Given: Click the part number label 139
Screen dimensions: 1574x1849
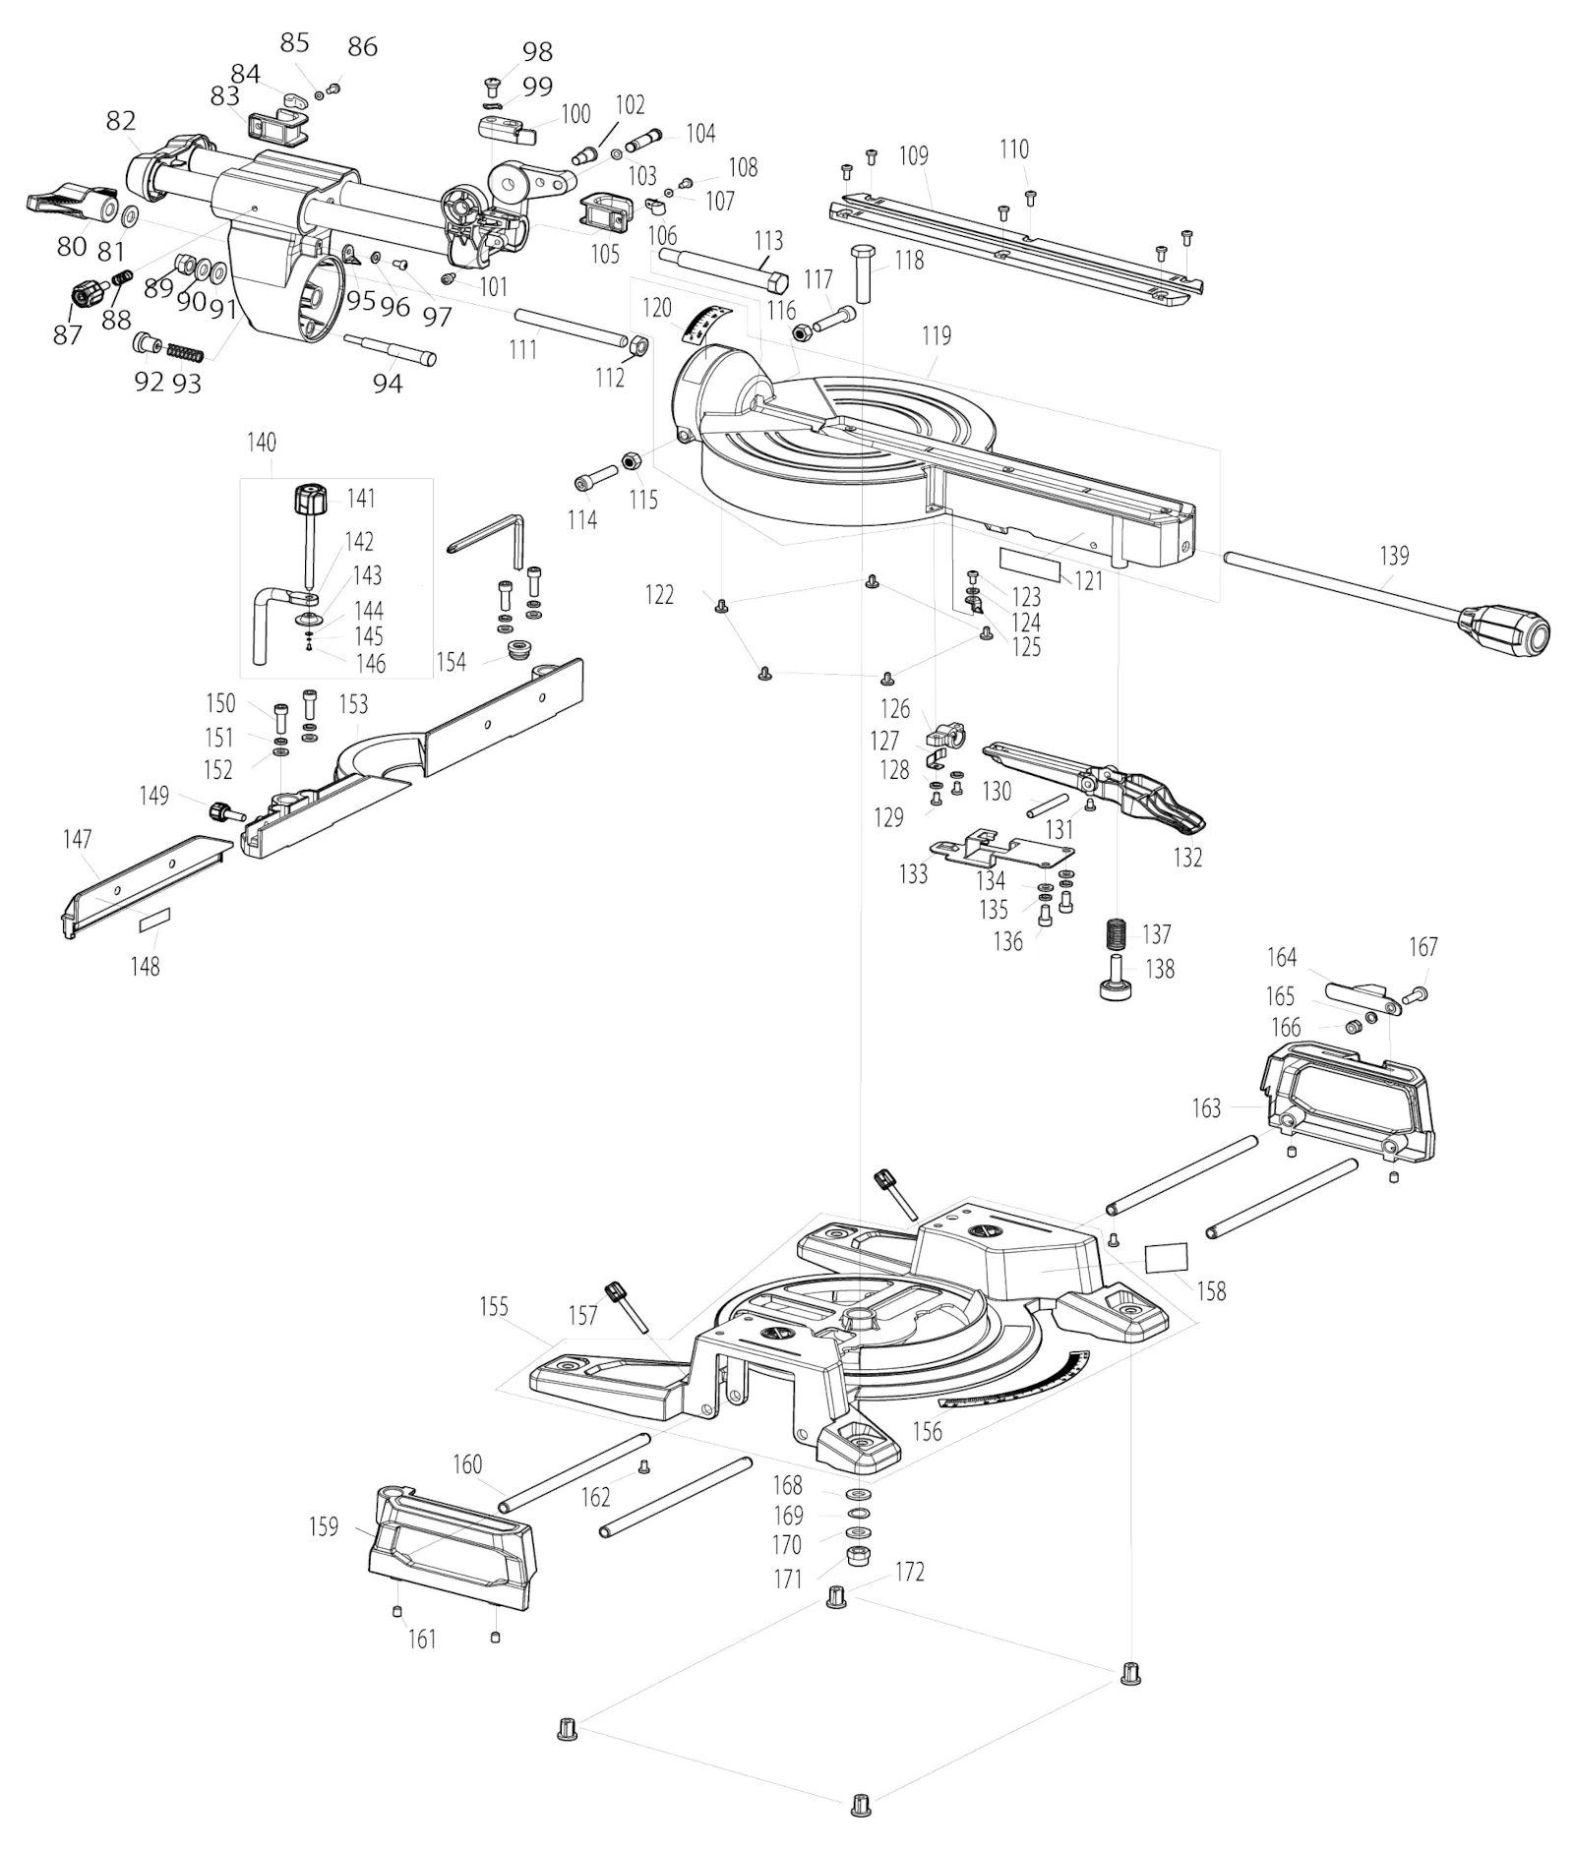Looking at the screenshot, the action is [1394, 556].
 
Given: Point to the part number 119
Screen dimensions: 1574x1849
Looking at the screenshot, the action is [937, 336].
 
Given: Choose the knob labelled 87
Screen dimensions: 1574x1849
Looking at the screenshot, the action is [89, 294].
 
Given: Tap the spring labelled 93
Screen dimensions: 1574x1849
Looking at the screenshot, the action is [186, 350].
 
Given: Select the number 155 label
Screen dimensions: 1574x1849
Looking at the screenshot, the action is [494, 1306].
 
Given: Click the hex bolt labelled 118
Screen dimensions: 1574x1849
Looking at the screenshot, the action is [865, 272].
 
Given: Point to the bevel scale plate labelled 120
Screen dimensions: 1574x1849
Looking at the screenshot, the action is [707, 326].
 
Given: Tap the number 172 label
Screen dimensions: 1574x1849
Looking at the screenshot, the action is [910, 1572].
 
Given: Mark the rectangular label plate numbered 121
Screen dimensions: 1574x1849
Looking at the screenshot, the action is [1031, 563].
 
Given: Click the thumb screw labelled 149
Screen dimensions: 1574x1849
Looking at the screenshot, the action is [225, 812].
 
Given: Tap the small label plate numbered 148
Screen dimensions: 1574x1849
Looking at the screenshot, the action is [154, 920].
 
